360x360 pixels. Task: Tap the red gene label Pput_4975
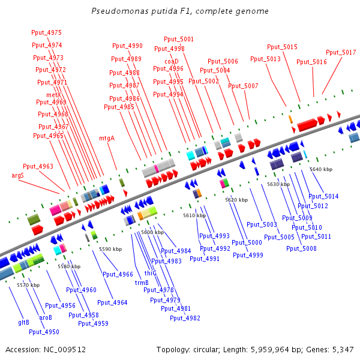coord(46,32)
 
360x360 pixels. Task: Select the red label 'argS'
coord(17,175)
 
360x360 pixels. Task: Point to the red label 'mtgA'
coord(107,138)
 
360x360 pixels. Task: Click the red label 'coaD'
coord(172,61)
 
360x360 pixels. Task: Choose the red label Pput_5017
coord(341,52)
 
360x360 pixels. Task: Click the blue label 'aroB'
coord(46,317)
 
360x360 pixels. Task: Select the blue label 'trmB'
coord(142,283)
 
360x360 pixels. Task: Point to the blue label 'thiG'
coord(150,273)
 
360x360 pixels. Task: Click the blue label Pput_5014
coord(323,196)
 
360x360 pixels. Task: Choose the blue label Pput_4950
coord(44,332)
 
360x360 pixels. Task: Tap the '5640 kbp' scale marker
coord(321,169)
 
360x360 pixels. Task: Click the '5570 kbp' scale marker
coord(28,285)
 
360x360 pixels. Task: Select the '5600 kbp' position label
coord(152,232)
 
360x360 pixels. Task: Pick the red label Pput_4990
coord(127,46)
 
